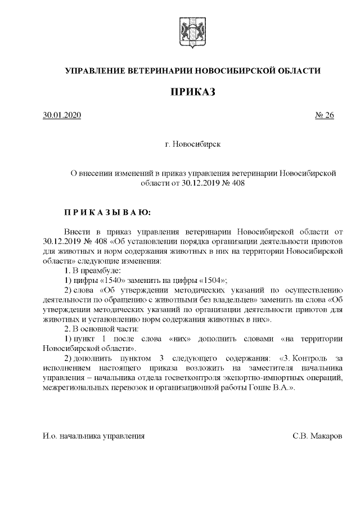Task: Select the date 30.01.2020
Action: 62,115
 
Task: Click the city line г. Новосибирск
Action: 193,145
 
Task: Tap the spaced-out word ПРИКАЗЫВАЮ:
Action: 107,213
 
